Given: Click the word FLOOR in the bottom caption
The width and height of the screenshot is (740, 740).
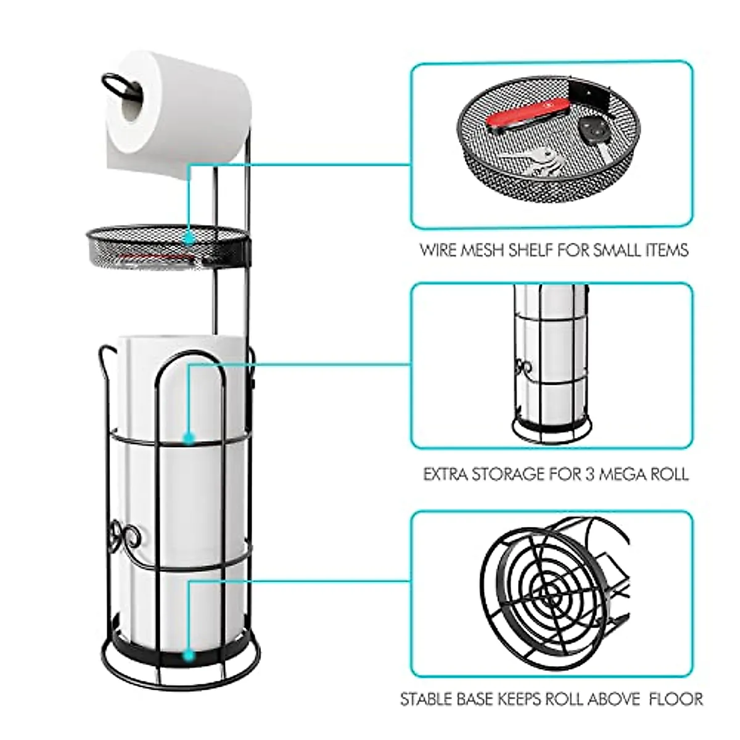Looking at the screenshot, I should pyautogui.click(x=678, y=699).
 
